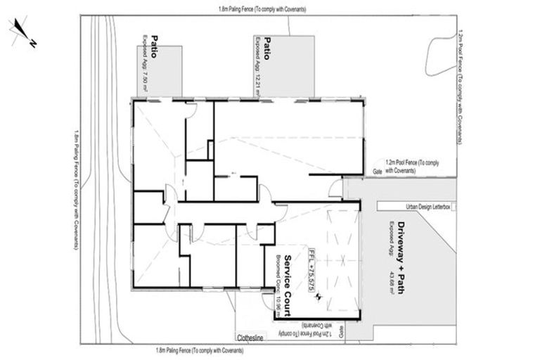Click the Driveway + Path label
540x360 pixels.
(401, 250)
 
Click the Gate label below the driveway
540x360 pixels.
(342, 329)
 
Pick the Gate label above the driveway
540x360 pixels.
(377, 171)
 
